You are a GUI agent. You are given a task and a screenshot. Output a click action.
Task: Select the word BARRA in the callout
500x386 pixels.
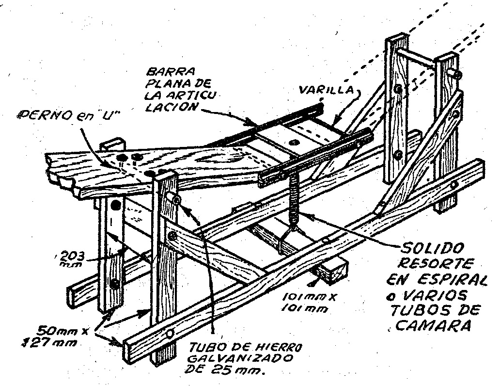tap(164, 70)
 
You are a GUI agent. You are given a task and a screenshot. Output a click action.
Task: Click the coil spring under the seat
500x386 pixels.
tap(294, 201)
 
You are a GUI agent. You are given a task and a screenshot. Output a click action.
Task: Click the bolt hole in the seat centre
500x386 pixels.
tap(294, 142)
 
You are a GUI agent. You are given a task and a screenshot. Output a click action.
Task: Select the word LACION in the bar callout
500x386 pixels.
tap(164, 108)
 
